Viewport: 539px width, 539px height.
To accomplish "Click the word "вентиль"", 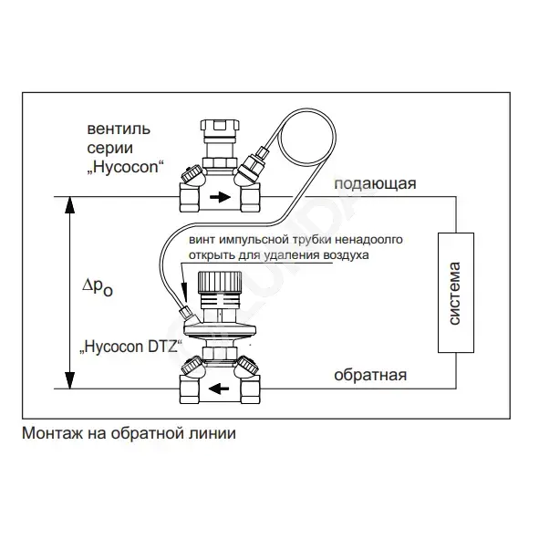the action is click(119, 129).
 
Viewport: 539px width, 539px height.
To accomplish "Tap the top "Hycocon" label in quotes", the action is click(124, 168).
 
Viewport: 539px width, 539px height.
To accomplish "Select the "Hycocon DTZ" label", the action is click(130, 347).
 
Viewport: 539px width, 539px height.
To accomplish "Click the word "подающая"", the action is click(375, 184).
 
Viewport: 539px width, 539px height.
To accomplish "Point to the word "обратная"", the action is click(370, 375).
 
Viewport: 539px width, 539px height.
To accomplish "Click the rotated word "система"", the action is click(454, 294).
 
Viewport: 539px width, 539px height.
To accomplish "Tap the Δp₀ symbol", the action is click(98, 287).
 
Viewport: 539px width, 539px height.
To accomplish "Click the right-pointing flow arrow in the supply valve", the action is click(220, 197).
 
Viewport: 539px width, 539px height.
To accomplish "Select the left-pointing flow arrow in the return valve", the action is click(219, 389).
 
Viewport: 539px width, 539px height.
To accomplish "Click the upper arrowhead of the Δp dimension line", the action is click(70, 205).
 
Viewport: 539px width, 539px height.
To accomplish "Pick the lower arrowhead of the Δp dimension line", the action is click(70, 380).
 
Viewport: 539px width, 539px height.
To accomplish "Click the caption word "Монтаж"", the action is click(52, 433).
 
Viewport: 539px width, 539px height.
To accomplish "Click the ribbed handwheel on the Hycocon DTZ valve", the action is click(220, 282).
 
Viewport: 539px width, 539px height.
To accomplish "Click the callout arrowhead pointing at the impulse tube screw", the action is click(184, 291).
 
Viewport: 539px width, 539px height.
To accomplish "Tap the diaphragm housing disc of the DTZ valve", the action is click(220, 327).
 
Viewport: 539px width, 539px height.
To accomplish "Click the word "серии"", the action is click(110, 149).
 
